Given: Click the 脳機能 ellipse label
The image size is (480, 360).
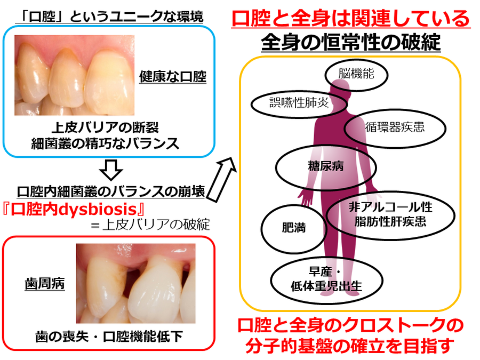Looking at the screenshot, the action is (x=356, y=74).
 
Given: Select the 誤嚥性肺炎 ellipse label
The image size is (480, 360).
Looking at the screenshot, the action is (x=299, y=103).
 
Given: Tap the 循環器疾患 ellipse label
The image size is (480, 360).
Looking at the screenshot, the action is (x=395, y=127).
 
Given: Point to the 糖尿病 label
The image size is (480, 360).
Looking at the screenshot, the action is (x=326, y=167).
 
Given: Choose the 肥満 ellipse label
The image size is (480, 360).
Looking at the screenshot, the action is (x=294, y=229).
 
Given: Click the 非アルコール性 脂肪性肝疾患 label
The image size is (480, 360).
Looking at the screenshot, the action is (x=390, y=214).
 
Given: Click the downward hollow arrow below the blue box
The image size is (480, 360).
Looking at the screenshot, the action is (x=111, y=170).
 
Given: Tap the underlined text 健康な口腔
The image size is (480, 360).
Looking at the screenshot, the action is (x=173, y=76).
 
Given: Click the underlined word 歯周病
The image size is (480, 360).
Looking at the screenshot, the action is (x=45, y=284).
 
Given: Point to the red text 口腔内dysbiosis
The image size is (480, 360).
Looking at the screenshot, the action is (x=73, y=210).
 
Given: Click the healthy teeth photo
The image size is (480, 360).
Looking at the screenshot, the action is (x=74, y=75).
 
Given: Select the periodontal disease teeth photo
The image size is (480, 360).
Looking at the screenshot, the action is (x=135, y=284).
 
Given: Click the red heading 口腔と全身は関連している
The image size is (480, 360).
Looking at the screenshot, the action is (x=351, y=18).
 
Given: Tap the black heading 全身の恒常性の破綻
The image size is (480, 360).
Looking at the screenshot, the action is (x=351, y=42).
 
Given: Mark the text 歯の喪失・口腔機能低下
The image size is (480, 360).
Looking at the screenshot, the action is (x=109, y=337).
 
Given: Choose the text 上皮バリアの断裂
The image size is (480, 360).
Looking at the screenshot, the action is (x=105, y=127).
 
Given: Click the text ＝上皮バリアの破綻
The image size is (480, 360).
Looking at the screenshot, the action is (x=150, y=225).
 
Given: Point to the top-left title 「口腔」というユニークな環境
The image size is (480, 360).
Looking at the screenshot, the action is (x=109, y=16).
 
